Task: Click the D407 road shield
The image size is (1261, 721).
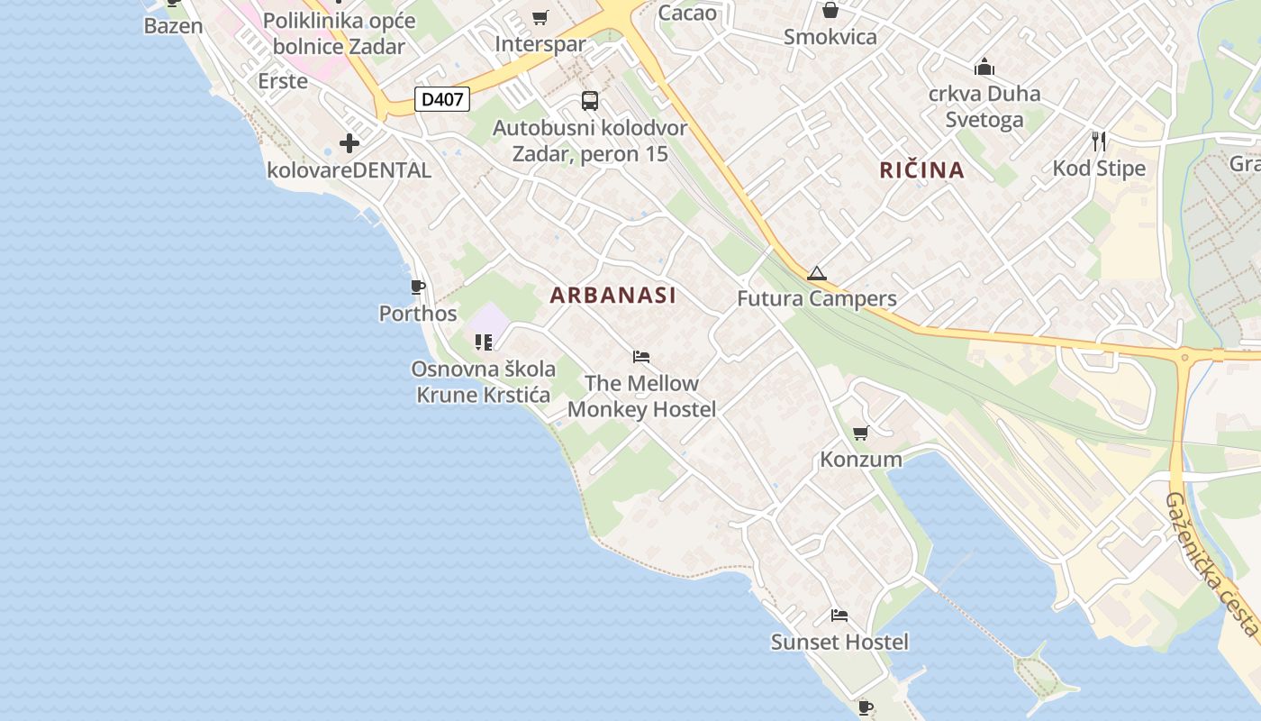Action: pyautogui.click(x=442, y=99)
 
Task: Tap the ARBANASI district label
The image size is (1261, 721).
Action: pyautogui.click(x=612, y=295)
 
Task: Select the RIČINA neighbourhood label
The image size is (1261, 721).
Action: pyautogui.click(x=921, y=169)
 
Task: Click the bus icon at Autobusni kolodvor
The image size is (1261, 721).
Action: pyautogui.click(x=590, y=101)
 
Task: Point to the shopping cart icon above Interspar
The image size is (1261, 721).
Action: pyautogui.click(x=540, y=17)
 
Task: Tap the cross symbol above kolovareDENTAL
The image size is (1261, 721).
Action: pyautogui.click(x=349, y=142)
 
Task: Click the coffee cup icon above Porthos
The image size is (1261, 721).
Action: pyautogui.click(x=418, y=287)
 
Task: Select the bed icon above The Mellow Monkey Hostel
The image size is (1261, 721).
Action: pyautogui.click(x=641, y=357)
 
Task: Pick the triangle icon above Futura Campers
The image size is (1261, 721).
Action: pyautogui.click(x=816, y=273)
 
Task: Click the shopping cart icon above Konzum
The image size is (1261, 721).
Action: pyautogui.click(x=860, y=434)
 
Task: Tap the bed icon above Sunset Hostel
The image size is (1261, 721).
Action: pyautogui.click(x=839, y=616)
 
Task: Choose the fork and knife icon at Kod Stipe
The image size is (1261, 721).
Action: pyautogui.click(x=1099, y=141)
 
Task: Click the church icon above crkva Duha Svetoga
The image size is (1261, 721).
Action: pyautogui.click(x=984, y=67)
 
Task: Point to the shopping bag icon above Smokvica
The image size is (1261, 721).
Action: pyautogui.click(x=830, y=11)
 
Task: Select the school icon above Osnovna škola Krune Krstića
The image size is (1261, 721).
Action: pyautogui.click(x=484, y=342)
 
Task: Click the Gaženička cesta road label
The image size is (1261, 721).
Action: pyautogui.click(x=1211, y=564)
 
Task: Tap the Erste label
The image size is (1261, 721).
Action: pyautogui.click(x=283, y=80)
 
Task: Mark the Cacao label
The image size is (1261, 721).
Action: pyautogui.click(x=687, y=13)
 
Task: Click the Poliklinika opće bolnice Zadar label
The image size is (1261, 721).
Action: pyautogui.click(x=340, y=32)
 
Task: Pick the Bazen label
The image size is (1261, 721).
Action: pyautogui.click(x=173, y=25)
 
